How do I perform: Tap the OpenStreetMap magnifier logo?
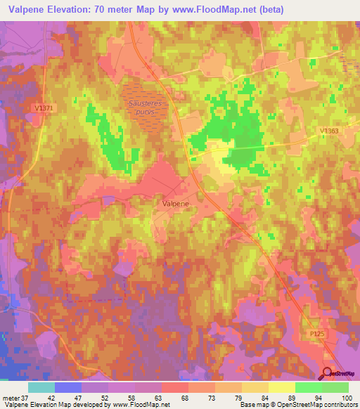[x=328, y=374]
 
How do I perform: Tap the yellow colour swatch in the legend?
[x=282, y=387]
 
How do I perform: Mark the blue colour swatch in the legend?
[x=68, y=387]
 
